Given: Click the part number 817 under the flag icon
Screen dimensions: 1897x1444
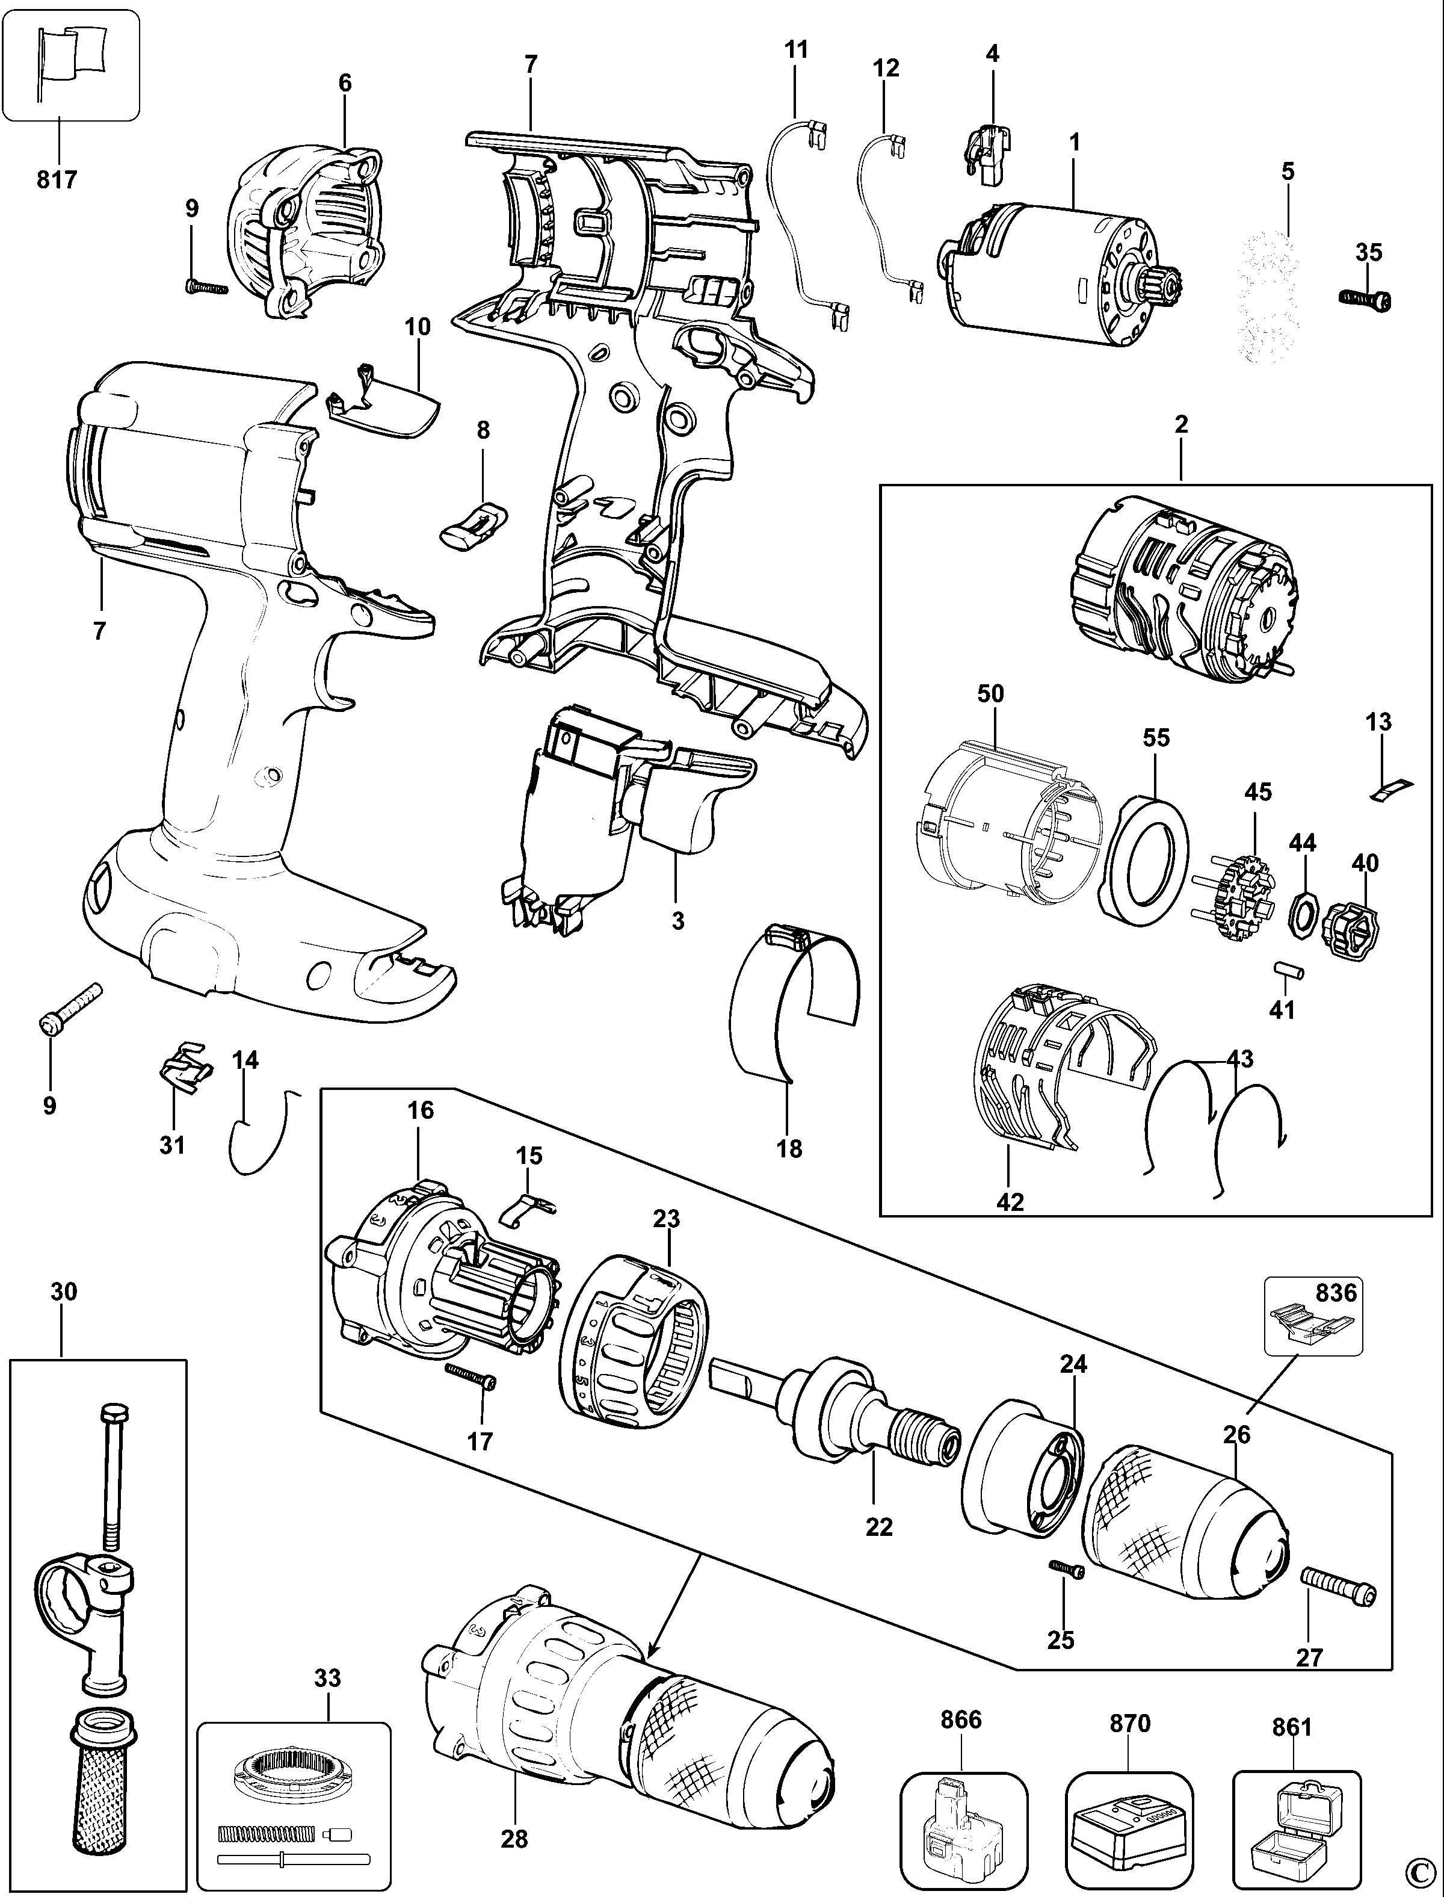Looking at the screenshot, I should [x=57, y=179].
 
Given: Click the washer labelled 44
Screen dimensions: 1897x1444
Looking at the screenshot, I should [x=1305, y=909].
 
